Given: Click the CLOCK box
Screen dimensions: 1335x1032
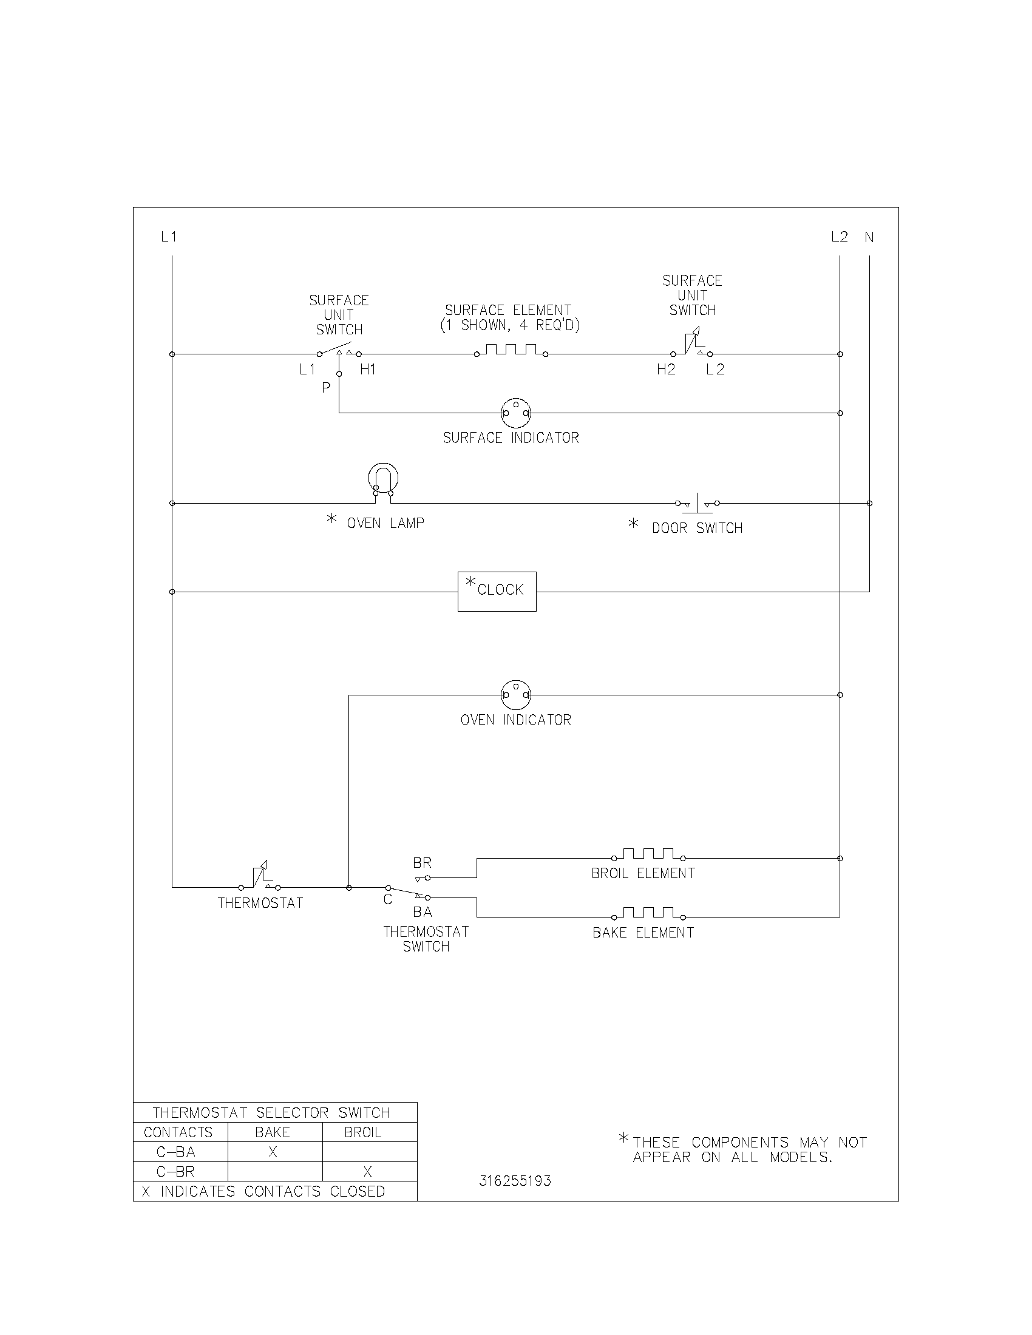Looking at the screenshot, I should pyautogui.click(x=497, y=591).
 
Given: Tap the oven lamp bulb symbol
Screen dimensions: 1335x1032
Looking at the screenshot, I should pyautogui.click(x=383, y=478).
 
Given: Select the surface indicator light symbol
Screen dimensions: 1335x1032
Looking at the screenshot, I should pyautogui.click(x=516, y=413).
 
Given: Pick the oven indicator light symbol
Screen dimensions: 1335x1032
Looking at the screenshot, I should pyautogui.click(x=516, y=695).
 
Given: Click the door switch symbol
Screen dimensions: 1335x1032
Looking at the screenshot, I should pyautogui.click(x=697, y=503).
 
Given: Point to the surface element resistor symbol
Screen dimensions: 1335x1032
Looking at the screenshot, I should pyautogui.click(x=511, y=351).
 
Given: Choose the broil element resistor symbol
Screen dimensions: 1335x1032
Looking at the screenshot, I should pyautogui.click(x=648, y=854).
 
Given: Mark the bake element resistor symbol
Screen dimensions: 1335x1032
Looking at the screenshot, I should pyautogui.click(x=648, y=914).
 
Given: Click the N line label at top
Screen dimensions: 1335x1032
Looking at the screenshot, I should pyautogui.click(x=869, y=237).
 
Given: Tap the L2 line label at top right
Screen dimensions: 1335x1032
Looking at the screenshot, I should pyautogui.click(x=840, y=237).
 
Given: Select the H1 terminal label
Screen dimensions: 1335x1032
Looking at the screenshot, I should pyautogui.click(x=367, y=369).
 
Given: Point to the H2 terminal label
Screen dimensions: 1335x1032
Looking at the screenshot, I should pyautogui.click(x=666, y=369).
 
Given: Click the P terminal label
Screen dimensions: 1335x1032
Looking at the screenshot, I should pyautogui.click(x=326, y=388).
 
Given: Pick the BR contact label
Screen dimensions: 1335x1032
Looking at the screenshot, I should pyautogui.click(x=422, y=862).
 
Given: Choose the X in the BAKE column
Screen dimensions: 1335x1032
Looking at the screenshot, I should pyautogui.click(x=273, y=1152).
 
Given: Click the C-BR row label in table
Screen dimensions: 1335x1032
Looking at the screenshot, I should pyautogui.click(x=176, y=1171).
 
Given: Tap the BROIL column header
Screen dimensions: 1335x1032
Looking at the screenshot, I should pyautogui.click(x=362, y=1132).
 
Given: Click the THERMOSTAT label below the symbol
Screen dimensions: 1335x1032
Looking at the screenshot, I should pyautogui.click(x=260, y=903).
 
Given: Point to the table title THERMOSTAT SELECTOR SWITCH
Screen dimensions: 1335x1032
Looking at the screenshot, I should pyautogui.click(x=271, y=1112).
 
